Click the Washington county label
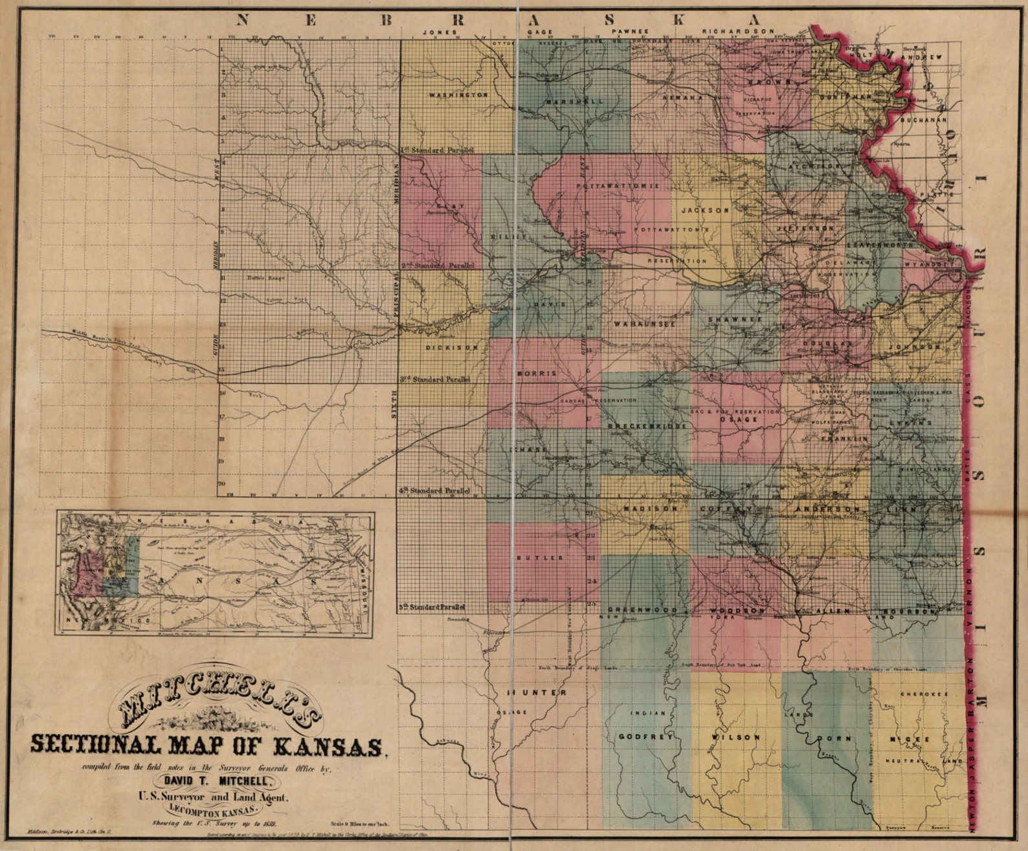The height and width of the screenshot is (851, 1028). (x=458, y=95)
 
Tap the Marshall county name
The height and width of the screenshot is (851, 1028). (x=574, y=102)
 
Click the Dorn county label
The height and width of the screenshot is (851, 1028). (x=834, y=738)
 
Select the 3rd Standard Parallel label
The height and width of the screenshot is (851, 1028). (x=435, y=380)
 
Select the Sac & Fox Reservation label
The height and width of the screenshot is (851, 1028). (x=735, y=411)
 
